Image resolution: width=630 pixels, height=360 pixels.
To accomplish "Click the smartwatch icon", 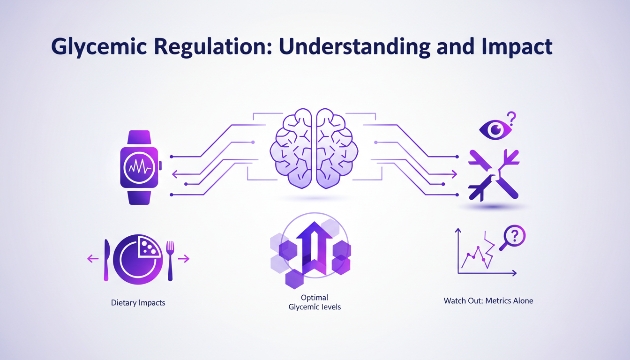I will tap(140, 167).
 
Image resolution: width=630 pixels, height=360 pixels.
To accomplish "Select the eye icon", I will tap(495, 129).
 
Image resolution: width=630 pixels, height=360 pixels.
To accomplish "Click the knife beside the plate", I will tap(106, 260).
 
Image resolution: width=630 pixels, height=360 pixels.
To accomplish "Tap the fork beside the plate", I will tap(170, 260).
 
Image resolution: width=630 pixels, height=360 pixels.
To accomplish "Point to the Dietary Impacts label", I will tap(138, 303).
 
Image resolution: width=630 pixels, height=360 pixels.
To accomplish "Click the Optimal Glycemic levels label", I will tap(314, 302).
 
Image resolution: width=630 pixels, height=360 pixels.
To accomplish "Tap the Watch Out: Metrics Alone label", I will tap(488, 300).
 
